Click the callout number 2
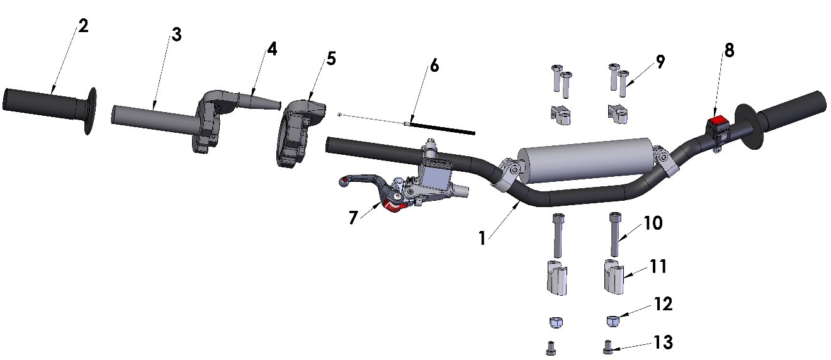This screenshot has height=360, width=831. coord(83,26)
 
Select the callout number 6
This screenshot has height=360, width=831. coord(434,65)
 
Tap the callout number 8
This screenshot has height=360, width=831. coord(728,50)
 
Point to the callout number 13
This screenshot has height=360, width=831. coord(663,342)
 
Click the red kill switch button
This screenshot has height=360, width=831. coord(716,121)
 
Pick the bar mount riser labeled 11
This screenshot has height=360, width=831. coord(614,277)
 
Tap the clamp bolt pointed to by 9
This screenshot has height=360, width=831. coord(624,83)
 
